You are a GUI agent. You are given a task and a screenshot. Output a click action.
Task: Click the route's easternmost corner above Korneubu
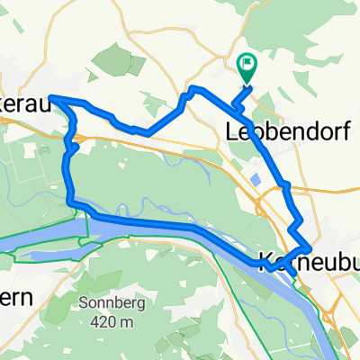pos(311,247)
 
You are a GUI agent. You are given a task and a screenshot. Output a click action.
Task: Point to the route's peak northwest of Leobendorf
pos(192,87)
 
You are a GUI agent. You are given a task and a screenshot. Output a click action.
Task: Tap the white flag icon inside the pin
pos(246,64)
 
